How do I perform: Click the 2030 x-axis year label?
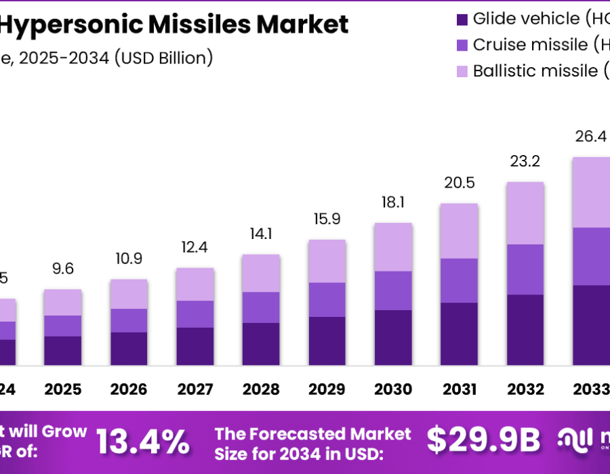(393, 389)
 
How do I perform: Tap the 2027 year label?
(195, 389)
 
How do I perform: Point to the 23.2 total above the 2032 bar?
(525, 163)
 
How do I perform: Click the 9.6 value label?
(63, 269)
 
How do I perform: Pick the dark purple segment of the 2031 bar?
(459, 334)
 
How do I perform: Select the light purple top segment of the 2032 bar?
(525, 213)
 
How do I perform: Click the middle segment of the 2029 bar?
(327, 299)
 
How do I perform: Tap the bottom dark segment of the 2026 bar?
(129, 349)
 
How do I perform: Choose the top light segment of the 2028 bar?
(261, 273)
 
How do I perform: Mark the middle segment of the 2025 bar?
(63, 326)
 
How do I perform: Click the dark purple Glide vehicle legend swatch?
(462, 19)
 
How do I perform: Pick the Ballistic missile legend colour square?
(462, 70)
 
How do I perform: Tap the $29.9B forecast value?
(483, 441)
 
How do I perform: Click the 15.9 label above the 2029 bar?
(327, 220)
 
